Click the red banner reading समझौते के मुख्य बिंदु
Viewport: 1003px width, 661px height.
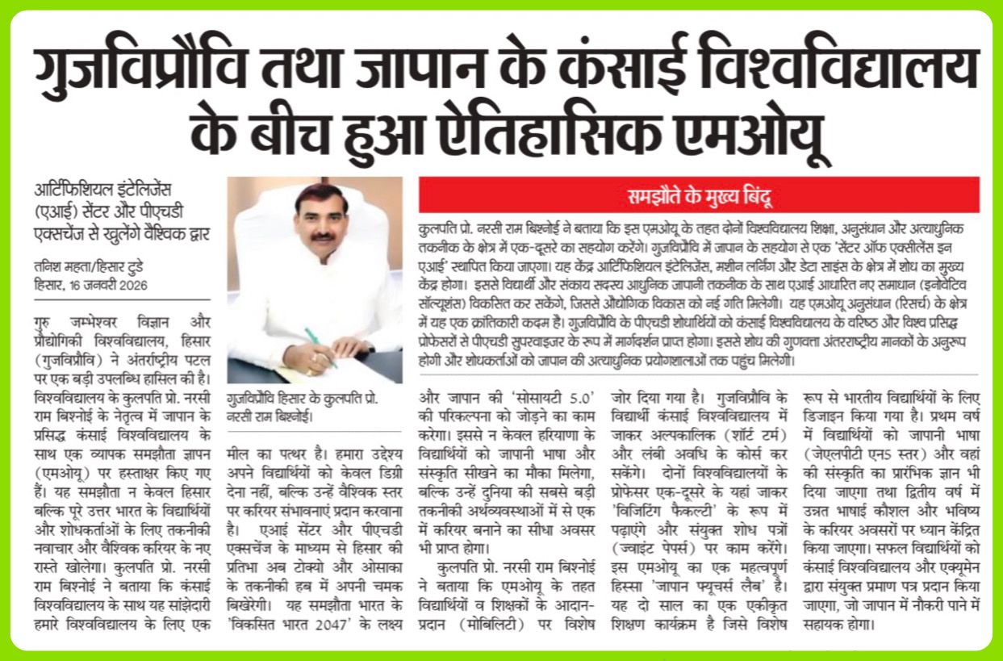point(699,195)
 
